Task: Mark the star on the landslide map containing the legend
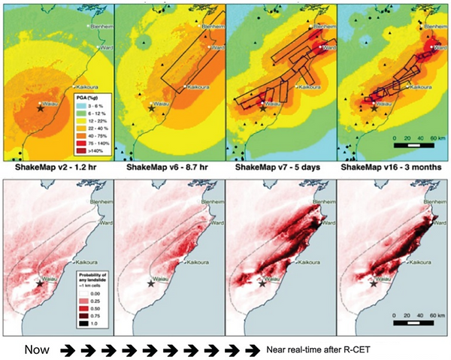coord(40,283)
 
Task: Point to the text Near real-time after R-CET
coord(322,349)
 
